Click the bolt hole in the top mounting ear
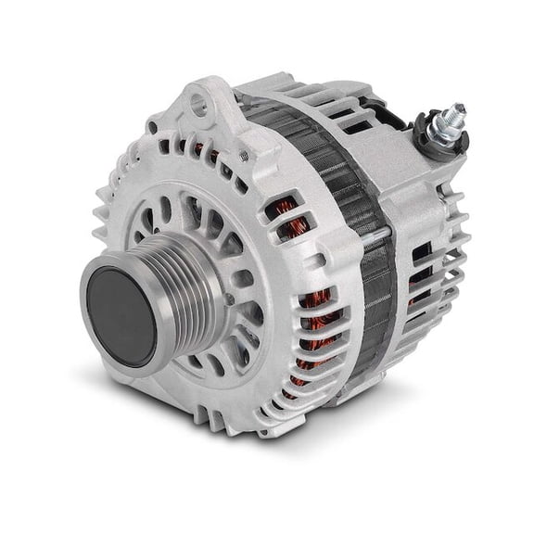199,108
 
